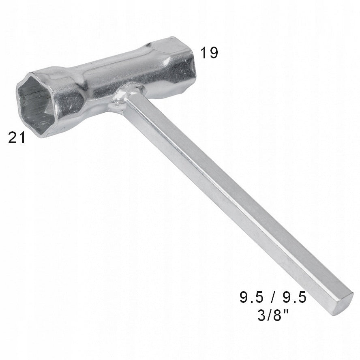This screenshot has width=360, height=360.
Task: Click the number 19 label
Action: click(209, 53)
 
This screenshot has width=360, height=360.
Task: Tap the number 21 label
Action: click(17, 138)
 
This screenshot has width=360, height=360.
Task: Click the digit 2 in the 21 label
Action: click(13, 138)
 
